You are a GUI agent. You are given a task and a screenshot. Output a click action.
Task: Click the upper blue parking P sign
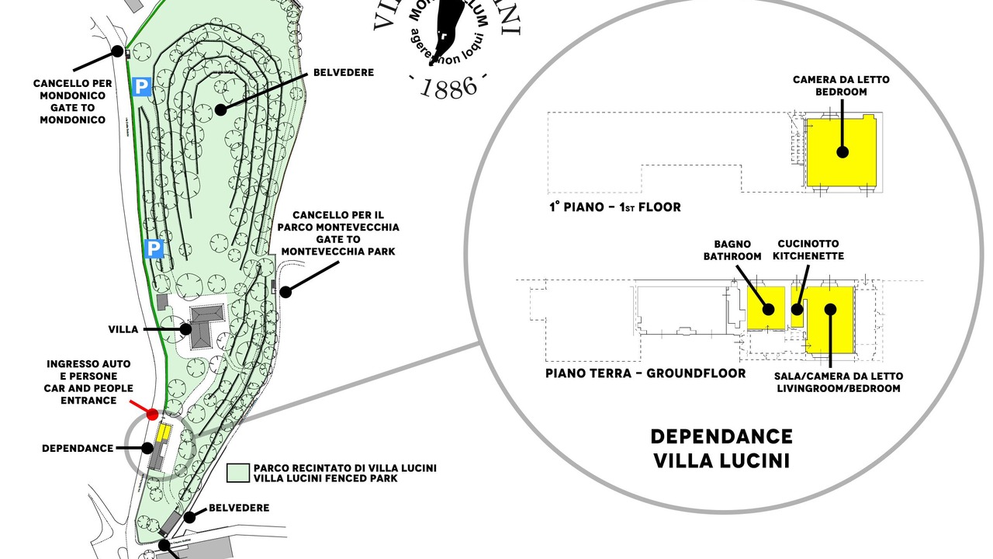point(140,86)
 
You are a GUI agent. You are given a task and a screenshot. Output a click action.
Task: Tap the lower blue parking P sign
point(154,248)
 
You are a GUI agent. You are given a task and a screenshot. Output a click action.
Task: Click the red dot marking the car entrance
point(153,415)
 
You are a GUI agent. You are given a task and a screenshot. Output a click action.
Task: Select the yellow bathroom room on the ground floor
point(766,307)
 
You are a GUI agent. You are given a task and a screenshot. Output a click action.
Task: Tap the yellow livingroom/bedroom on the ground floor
point(830,320)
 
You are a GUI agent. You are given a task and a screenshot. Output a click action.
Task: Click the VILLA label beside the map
point(123,329)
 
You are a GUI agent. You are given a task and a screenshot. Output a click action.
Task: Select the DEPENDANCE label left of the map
point(78,448)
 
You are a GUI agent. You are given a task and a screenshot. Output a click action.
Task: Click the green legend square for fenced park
point(237,473)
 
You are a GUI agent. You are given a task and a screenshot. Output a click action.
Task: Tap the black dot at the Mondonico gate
point(118,52)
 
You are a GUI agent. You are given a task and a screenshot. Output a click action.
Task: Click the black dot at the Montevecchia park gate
point(285,292)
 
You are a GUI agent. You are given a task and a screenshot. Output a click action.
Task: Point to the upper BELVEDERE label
point(344,72)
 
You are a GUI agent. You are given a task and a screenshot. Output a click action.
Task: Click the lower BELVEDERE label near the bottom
point(239,508)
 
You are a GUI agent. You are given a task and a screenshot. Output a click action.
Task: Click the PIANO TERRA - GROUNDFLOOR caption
point(645,373)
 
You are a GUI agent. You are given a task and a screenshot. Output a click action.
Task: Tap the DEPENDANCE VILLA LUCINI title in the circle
point(721,448)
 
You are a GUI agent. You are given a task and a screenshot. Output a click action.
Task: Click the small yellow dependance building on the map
point(164,432)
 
